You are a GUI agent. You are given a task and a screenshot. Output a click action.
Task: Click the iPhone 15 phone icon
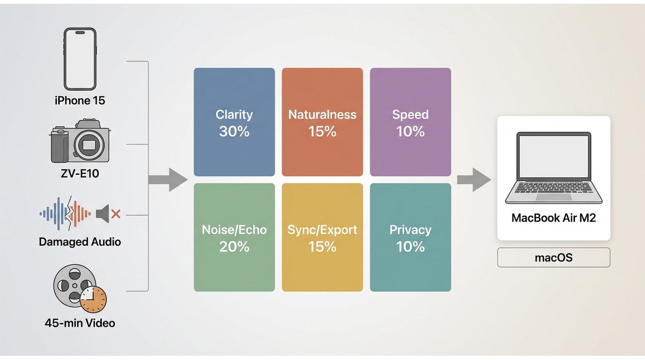(80, 59)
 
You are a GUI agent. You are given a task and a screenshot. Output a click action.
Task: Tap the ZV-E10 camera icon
(80, 141)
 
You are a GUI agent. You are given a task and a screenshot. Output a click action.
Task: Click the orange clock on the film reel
(93, 300)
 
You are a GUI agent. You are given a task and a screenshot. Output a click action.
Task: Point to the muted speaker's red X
(116, 214)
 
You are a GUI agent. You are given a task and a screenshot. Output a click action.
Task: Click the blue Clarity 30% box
(234, 122)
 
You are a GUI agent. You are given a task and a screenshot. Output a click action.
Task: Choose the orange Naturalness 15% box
(322, 122)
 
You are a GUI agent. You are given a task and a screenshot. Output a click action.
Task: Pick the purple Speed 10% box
(410, 122)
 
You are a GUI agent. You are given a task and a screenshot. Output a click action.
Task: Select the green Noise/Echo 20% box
(234, 237)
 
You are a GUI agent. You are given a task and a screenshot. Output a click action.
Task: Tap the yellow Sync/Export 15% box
(322, 237)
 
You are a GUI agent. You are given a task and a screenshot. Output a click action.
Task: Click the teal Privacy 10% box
(410, 237)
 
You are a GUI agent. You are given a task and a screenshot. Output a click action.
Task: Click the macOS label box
(554, 257)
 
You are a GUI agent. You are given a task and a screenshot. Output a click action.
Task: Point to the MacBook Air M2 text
(554, 217)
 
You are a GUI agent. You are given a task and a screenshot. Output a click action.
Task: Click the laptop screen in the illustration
(554, 157)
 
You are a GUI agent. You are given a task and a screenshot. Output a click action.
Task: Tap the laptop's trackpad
(554, 197)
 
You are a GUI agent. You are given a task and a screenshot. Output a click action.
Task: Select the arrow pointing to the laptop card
(474, 180)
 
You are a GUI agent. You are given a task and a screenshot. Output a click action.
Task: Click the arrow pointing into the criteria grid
(168, 180)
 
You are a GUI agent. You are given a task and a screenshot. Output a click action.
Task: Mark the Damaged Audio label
(80, 242)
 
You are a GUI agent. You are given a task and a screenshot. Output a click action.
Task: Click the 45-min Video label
(80, 323)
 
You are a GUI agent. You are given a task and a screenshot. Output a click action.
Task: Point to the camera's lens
(89, 144)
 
